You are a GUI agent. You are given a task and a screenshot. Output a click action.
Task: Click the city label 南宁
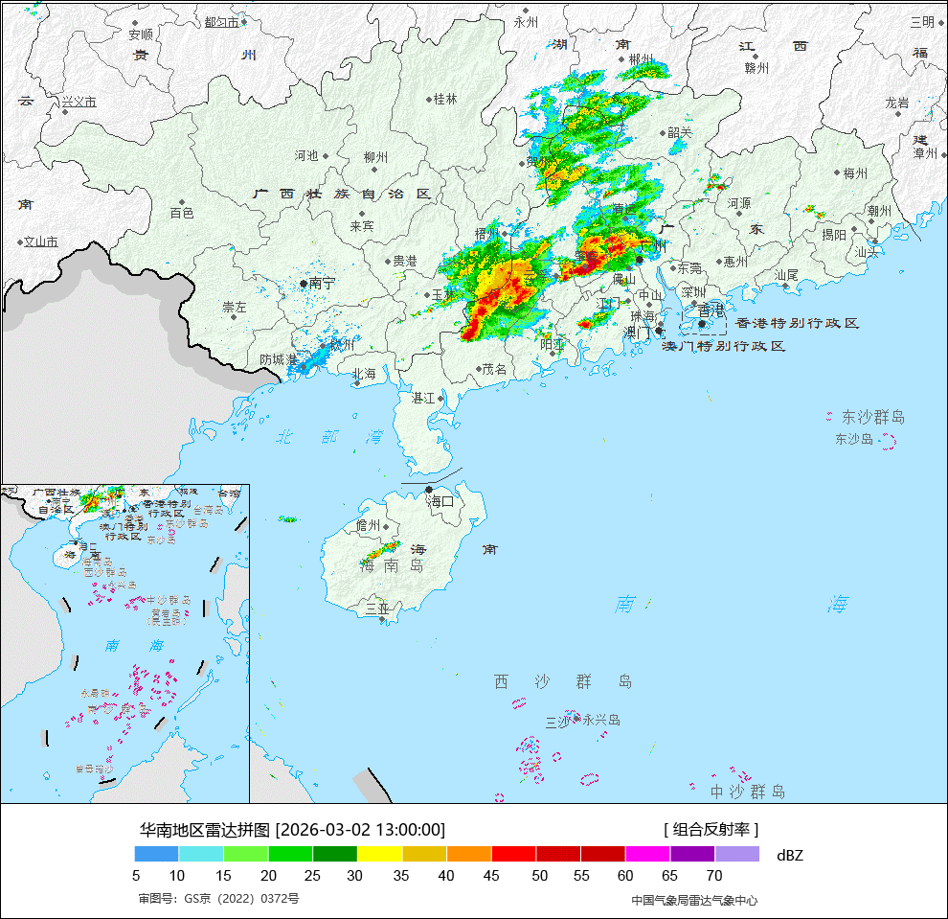(x=322, y=284)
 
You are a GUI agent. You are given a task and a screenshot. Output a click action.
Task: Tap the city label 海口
(x=440, y=501)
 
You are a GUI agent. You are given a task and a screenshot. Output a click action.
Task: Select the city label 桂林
(x=445, y=99)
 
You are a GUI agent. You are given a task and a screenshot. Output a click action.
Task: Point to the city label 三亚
(x=377, y=609)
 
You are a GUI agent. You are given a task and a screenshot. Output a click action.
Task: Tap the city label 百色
(x=182, y=213)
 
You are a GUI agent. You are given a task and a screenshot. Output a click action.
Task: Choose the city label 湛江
(x=423, y=397)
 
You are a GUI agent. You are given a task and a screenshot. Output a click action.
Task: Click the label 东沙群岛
(x=872, y=418)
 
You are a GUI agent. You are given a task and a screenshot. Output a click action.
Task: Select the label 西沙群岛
(x=563, y=681)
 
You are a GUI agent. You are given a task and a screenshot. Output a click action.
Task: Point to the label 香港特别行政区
(x=797, y=324)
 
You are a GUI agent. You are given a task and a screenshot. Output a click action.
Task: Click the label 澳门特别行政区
(x=724, y=346)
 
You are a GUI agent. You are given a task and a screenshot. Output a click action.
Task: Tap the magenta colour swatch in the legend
(x=647, y=854)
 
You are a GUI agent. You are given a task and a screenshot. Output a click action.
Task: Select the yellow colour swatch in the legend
(x=379, y=854)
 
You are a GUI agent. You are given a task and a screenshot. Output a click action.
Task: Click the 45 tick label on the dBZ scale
(x=491, y=875)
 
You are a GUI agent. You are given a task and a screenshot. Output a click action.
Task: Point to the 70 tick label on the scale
(x=714, y=875)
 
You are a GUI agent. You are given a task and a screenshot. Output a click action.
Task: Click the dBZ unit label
(x=790, y=855)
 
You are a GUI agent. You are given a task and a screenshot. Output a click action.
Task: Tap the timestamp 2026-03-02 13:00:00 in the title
(x=360, y=829)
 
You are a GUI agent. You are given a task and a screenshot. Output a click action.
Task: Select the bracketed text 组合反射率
(x=711, y=829)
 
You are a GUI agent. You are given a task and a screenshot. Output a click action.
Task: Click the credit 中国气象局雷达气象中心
(x=694, y=900)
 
